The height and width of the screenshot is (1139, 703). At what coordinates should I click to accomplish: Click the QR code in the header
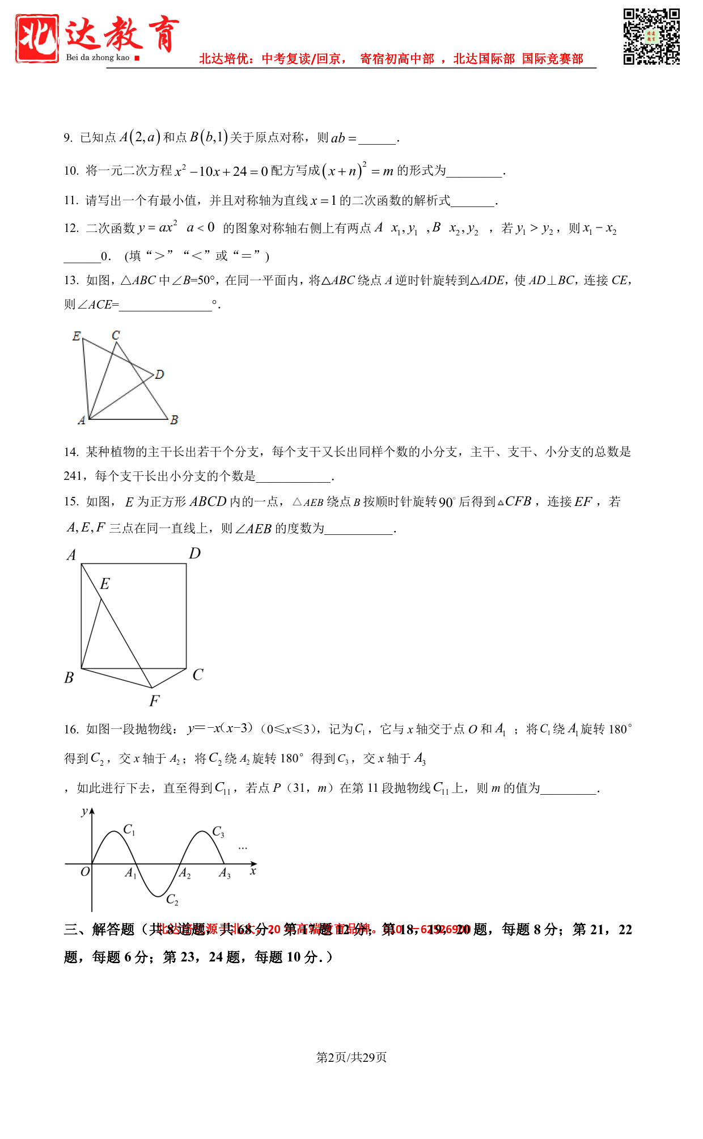click(x=651, y=36)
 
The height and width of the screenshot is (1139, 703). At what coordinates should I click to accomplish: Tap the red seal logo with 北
click(x=37, y=38)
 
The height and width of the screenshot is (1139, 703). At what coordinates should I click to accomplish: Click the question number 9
click(x=68, y=138)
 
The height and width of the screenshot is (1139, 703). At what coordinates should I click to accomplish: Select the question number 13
click(x=71, y=280)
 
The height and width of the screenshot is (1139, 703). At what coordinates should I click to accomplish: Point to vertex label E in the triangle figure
click(x=77, y=336)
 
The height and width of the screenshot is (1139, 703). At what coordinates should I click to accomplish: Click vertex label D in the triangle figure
click(x=159, y=374)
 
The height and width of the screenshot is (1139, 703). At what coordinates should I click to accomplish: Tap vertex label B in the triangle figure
click(x=174, y=420)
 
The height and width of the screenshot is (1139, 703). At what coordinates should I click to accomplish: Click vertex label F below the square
click(x=154, y=701)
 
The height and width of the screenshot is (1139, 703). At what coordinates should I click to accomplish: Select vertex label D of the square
click(x=194, y=553)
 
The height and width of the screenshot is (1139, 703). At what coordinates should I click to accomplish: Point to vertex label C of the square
click(x=197, y=675)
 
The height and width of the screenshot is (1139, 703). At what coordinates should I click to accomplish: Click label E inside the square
click(x=105, y=584)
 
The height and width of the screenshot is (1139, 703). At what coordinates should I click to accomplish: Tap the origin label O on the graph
click(x=84, y=872)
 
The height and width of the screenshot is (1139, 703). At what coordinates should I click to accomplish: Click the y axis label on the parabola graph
click(x=84, y=811)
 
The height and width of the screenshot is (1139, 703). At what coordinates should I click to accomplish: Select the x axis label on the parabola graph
click(x=253, y=871)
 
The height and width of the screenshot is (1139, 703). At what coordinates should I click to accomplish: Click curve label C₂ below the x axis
click(x=172, y=900)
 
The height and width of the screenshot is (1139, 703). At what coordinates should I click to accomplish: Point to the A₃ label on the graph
click(x=225, y=873)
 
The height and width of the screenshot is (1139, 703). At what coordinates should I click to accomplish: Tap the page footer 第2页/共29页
click(x=351, y=1057)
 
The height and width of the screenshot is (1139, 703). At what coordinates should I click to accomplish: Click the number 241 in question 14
click(x=73, y=476)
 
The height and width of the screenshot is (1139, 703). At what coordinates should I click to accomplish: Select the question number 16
click(x=71, y=729)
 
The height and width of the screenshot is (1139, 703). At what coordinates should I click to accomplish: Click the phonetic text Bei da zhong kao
click(x=98, y=57)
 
